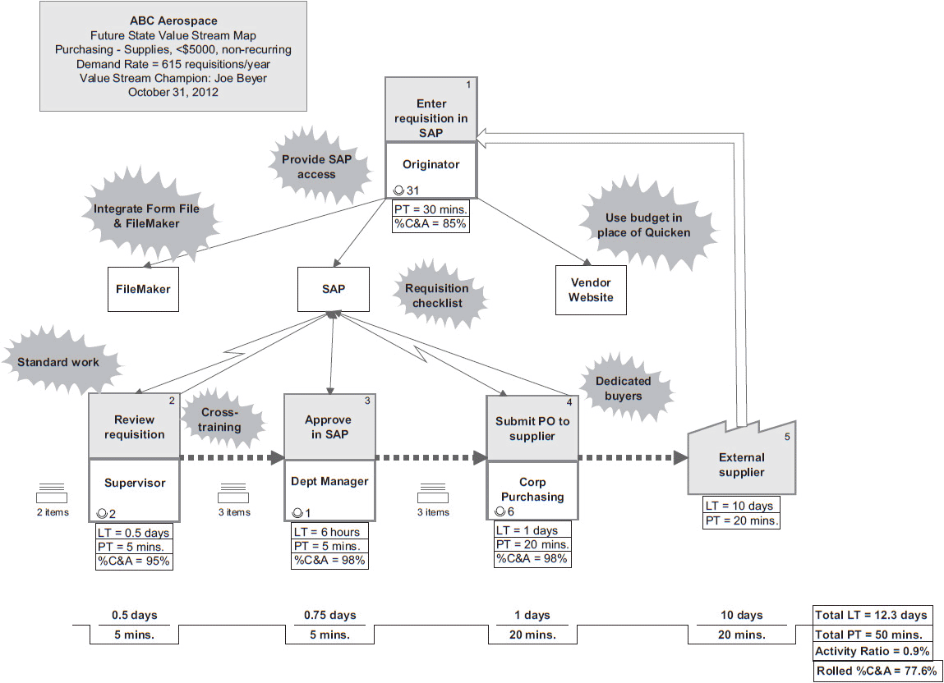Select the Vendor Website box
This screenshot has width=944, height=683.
coord(591,290)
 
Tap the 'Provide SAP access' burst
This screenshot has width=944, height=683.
coord(316,167)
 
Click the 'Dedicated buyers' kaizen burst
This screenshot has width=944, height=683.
coord(623,388)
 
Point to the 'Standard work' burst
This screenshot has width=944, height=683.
coord(58,362)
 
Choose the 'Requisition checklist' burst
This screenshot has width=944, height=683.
coord(437,296)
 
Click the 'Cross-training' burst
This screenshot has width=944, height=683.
coord(220,419)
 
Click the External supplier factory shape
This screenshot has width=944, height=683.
coord(741,465)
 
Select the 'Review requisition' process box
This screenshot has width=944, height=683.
coord(134,427)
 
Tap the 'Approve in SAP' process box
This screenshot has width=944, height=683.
coord(329,427)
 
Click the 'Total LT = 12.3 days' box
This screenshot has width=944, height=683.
coord(871,615)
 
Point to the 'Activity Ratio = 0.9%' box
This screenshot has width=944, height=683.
coord(872,652)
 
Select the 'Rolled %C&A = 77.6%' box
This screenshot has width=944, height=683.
coord(876,672)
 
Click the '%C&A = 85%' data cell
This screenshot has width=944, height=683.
coord(431,223)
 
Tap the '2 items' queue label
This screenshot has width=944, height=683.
coord(53,512)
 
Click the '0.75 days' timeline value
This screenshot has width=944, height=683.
coord(329,615)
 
